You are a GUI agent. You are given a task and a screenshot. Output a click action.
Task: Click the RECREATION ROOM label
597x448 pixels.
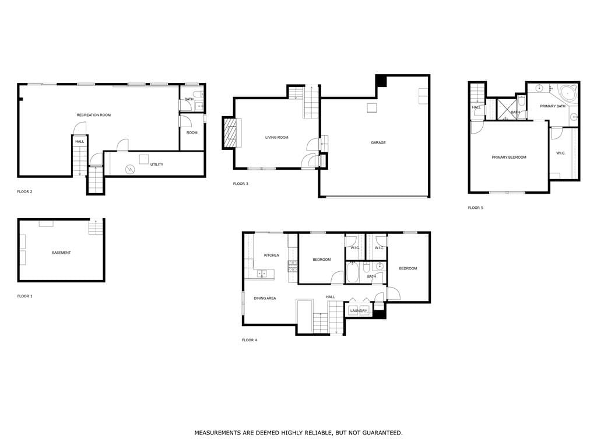(94, 115)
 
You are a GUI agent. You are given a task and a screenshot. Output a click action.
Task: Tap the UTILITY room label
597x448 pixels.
(156, 164)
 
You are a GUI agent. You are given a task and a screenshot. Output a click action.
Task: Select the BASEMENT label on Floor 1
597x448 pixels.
(61, 253)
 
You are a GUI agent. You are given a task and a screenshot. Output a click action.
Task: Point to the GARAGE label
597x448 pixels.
(378, 143)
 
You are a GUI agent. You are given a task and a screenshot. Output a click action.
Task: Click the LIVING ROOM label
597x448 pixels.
(277, 138)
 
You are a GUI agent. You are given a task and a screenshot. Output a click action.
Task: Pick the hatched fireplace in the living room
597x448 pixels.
(230, 133)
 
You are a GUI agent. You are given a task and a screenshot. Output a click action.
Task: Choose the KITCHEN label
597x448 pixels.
(272, 256)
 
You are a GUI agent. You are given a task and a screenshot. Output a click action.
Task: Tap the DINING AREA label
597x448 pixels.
(265, 298)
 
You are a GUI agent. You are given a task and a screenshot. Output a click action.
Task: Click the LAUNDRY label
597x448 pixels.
(359, 311)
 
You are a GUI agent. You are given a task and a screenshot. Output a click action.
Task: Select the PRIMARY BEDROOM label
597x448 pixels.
(508, 157)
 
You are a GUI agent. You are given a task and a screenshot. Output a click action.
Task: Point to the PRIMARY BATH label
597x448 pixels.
(553, 106)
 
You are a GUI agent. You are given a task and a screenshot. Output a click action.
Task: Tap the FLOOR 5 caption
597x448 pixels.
(475, 208)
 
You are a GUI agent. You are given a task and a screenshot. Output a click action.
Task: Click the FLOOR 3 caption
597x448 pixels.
(240, 184)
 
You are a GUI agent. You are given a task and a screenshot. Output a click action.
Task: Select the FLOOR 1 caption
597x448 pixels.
(24, 296)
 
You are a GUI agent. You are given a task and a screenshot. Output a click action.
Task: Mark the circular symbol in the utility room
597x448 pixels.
(130, 169)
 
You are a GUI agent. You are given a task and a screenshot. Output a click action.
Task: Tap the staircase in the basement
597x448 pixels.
(96, 228)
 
